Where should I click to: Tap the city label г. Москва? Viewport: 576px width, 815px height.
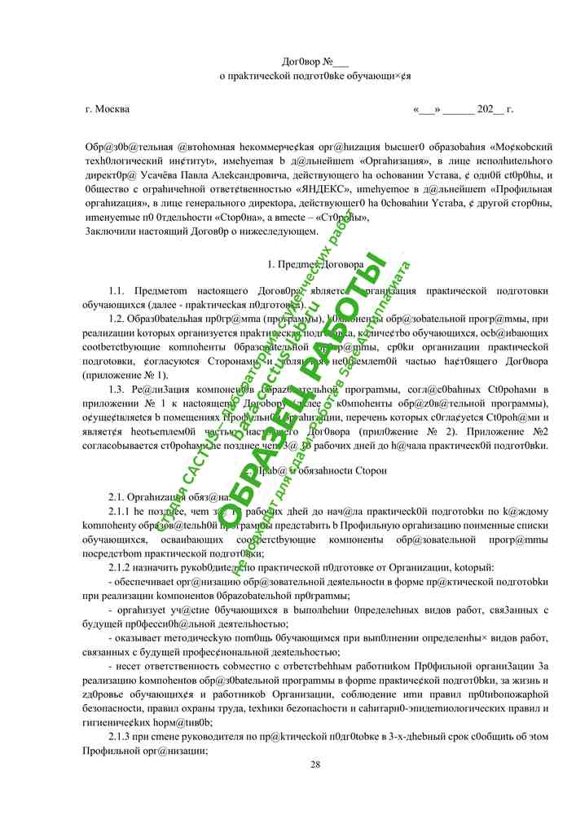107,108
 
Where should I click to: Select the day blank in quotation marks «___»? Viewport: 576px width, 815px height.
427,108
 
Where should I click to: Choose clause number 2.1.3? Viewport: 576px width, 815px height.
123,738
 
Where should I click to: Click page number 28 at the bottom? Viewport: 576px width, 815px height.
315,764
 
